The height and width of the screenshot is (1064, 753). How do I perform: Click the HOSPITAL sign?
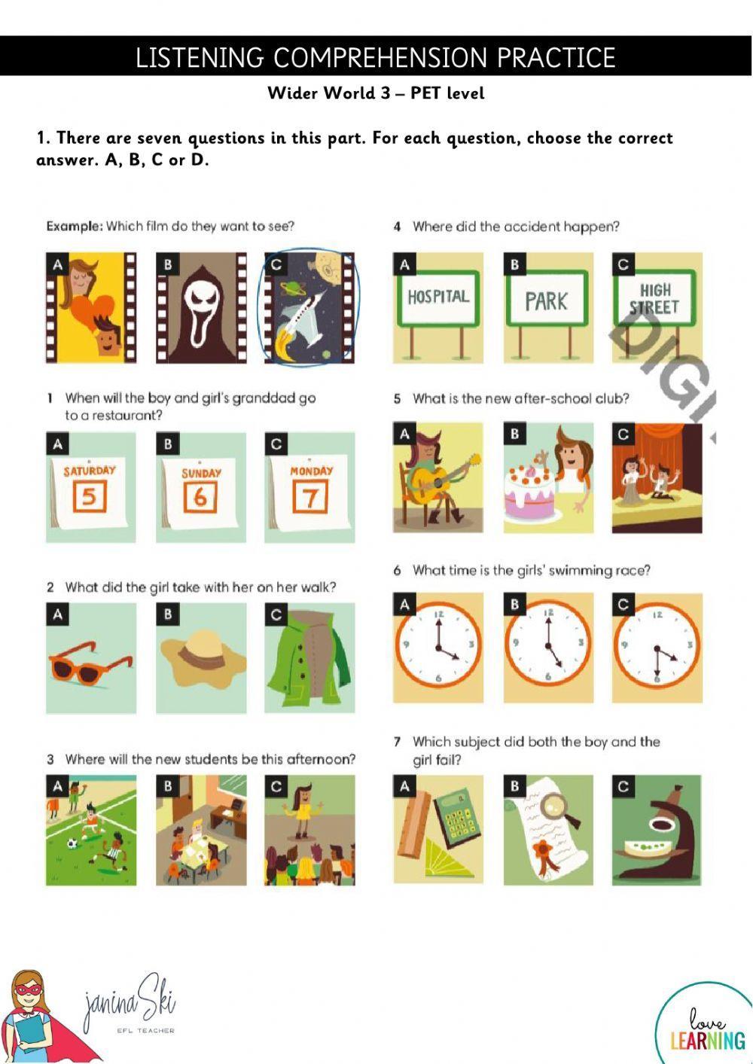coord(438,298)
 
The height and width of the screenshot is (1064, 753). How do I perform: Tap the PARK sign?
coord(547,298)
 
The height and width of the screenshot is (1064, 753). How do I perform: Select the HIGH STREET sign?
coord(654,298)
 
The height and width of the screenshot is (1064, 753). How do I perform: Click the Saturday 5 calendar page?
coord(89,492)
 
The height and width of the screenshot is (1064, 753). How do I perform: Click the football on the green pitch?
coord(72,843)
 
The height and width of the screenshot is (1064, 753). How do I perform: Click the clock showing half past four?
coord(657,648)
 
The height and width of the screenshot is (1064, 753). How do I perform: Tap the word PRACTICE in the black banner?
coord(556,57)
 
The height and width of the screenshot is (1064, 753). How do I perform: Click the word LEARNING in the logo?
coord(708,1040)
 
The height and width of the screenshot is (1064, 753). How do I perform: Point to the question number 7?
coord(397,742)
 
